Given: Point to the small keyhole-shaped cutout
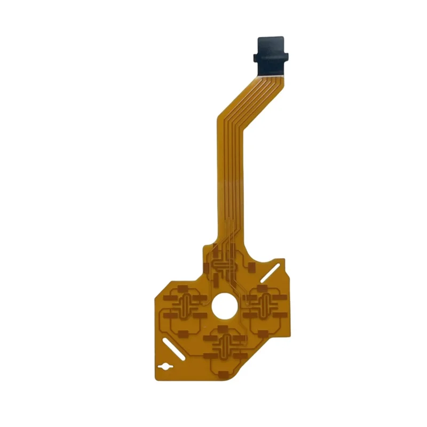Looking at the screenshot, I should pyautogui.click(x=165, y=367).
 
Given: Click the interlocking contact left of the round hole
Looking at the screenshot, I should pyautogui.click(x=185, y=306).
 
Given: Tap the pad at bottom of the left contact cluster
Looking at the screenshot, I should pyautogui.click(x=183, y=334).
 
